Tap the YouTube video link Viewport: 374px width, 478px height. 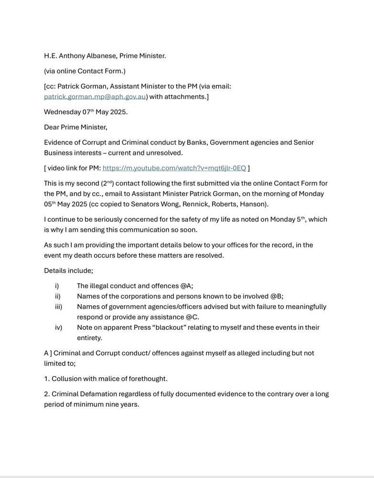coord(174,168)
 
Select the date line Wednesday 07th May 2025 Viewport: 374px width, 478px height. coord(85,112)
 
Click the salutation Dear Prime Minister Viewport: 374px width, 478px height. coord(75,128)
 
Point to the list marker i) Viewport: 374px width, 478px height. coord(57,286)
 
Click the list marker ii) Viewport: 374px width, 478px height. coord(58,296)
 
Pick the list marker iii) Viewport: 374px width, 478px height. coord(59,307)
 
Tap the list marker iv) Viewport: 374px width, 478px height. coord(59,327)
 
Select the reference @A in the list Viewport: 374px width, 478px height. coord(187,286)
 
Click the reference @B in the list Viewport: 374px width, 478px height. coord(277,296)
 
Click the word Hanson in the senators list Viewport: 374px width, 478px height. coord(256,204)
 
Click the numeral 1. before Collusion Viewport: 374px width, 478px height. coord(47,379)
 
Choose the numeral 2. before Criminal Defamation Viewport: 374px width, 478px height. coord(47,394)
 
